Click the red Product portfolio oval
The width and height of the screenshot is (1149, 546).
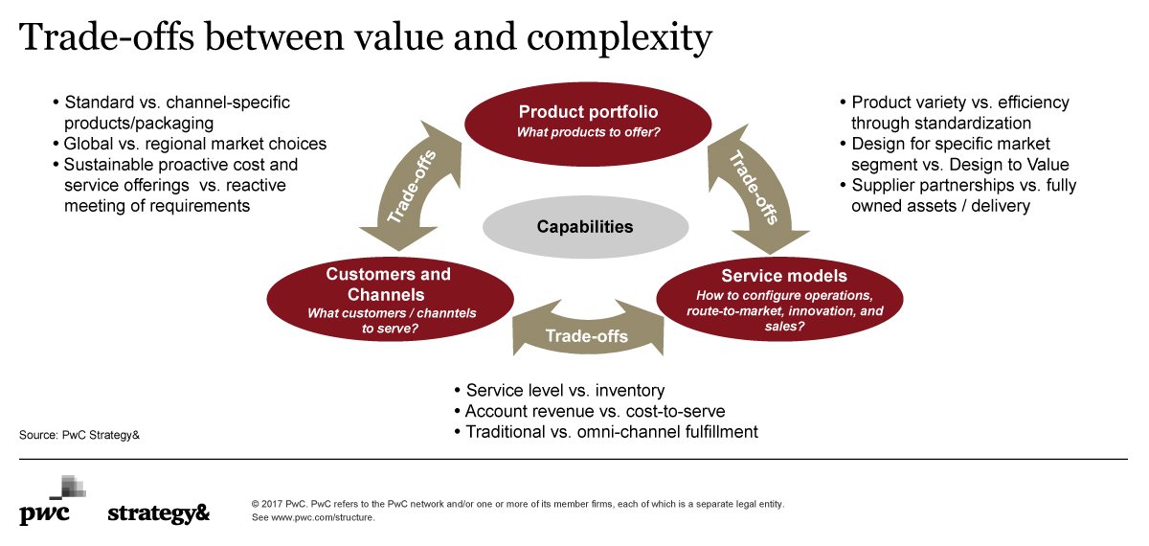tap(587, 121)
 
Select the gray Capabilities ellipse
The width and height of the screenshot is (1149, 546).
tap(585, 227)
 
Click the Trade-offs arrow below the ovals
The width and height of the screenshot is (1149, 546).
tap(586, 334)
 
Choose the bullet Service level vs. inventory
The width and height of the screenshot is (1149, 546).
tap(565, 391)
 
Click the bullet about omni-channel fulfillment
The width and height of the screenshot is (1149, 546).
tap(612, 432)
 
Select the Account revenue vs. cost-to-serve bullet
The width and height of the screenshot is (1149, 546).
tap(595, 412)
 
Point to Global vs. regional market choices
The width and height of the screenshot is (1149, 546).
tap(195, 144)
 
